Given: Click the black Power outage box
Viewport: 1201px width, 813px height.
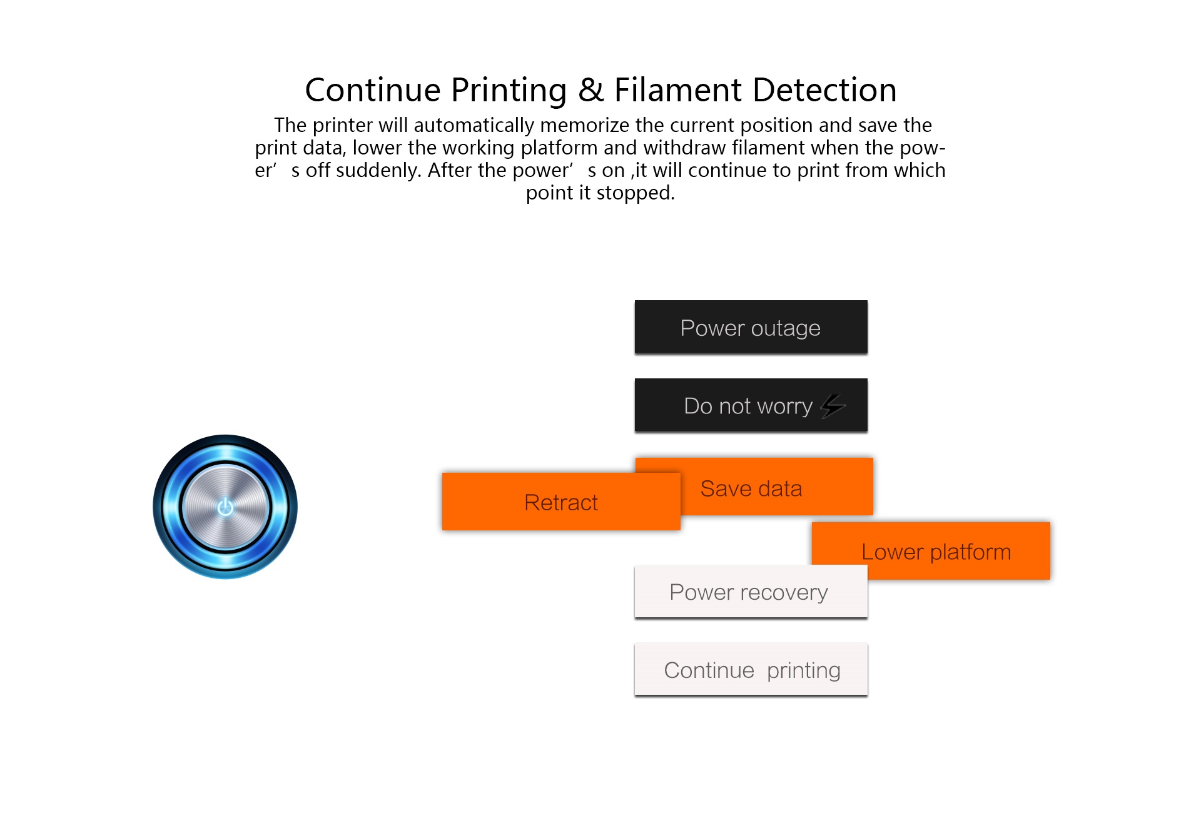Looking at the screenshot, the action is point(751,327).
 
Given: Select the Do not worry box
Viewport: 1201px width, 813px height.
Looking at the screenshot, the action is point(751,405).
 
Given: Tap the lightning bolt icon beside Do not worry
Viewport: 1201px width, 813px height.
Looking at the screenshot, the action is point(833,405).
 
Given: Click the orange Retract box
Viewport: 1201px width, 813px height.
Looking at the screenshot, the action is point(561,502).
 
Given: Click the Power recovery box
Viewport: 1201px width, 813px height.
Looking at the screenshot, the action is point(751,592).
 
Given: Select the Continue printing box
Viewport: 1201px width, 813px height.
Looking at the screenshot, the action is point(751,669).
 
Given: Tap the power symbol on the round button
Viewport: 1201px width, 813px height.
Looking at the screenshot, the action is point(225,507).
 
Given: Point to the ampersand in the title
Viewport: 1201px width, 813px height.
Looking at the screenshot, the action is point(591,90).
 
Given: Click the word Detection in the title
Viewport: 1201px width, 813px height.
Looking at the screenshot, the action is point(825,90).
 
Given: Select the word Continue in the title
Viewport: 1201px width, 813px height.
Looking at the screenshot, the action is point(373,90).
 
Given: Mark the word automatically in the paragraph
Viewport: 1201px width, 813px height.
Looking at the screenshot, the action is point(474,126).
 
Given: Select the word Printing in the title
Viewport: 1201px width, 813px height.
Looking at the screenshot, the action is point(509,91).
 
